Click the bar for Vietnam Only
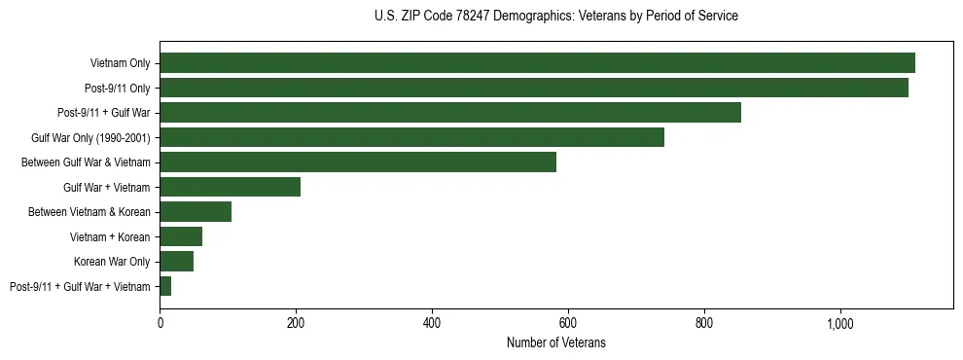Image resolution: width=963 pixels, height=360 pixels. [x=537, y=63]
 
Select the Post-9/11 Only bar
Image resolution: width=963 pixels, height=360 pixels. [x=534, y=88]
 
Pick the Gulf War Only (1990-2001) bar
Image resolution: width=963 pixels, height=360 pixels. [x=411, y=137]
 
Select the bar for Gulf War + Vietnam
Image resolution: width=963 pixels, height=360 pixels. [x=230, y=187]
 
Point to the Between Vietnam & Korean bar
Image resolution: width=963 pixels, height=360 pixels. [x=196, y=212]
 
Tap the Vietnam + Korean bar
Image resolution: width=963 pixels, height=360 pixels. [x=181, y=236]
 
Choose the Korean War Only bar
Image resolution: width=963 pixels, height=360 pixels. [x=176, y=262]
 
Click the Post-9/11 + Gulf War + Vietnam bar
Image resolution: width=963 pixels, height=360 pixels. [x=165, y=286]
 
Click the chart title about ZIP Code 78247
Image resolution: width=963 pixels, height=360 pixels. [x=555, y=17]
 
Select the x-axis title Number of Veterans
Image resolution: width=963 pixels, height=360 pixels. [x=555, y=342]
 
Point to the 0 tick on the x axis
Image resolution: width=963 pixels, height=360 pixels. [x=160, y=322]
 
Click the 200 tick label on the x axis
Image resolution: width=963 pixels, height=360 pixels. [x=296, y=322]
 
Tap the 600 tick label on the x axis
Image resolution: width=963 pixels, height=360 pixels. [x=568, y=322]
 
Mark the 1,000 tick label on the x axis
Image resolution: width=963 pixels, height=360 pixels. [x=840, y=322]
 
